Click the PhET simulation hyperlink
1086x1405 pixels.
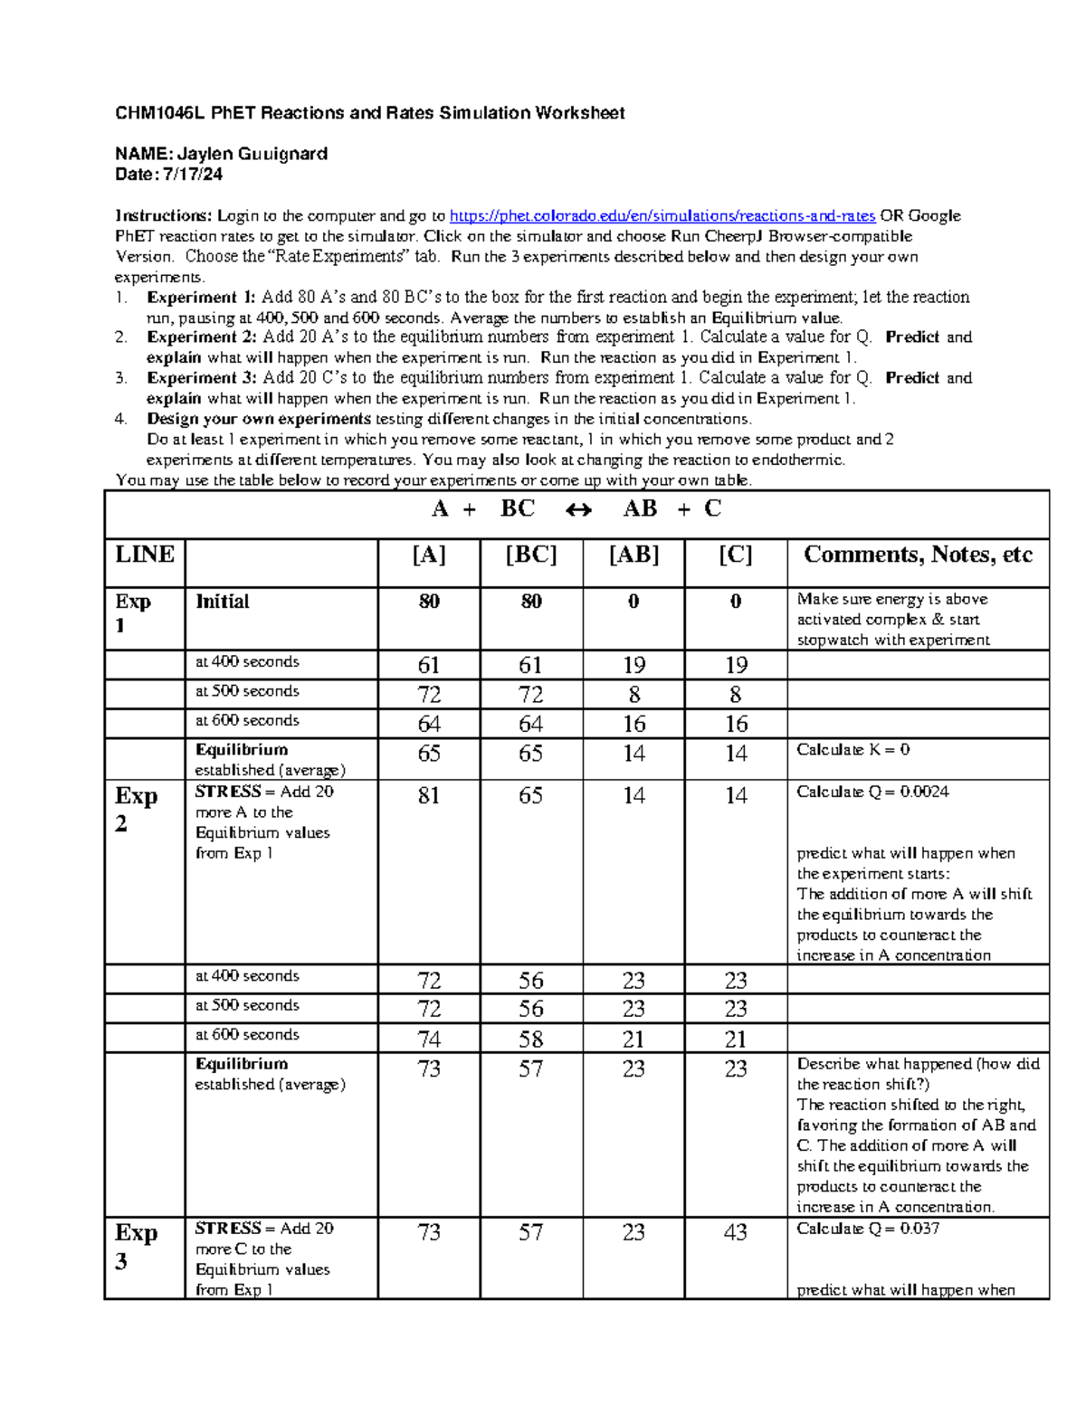(x=662, y=216)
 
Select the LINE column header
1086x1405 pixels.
(x=145, y=555)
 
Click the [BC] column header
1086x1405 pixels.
(x=531, y=555)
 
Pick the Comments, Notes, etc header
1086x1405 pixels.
(x=917, y=555)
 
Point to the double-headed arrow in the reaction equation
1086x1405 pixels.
(x=578, y=510)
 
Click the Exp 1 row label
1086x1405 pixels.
(x=134, y=613)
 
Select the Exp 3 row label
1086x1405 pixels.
(x=137, y=1247)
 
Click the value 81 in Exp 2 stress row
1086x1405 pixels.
(x=429, y=795)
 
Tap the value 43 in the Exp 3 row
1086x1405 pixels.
(x=736, y=1232)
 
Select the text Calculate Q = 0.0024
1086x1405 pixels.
(x=872, y=792)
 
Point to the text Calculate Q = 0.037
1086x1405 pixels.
(x=868, y=1229)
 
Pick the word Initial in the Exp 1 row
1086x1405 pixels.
(x=222, y=602)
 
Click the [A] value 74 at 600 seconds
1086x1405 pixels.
(x=429, y=1040)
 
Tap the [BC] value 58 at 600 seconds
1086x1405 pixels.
(x=531, y=1040)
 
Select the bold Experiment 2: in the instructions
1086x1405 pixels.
(x=203, y=337)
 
